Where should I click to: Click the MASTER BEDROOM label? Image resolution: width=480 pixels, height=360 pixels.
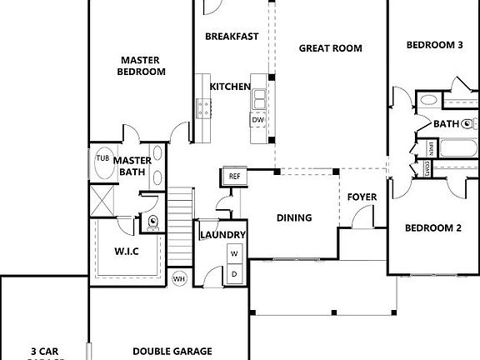click(x=141, y=66)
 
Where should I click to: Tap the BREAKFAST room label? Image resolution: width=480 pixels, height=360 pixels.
click(x=232, y=37)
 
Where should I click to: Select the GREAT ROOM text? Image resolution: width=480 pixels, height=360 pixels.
click(x=331, y=48)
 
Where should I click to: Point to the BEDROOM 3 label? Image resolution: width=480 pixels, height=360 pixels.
click(x=434, y=45)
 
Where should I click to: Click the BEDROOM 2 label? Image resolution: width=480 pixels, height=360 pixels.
click(x=433, y=227)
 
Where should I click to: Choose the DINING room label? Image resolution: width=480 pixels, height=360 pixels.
click(x=294, y=218)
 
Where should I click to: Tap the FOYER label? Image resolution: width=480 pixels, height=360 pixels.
click(x=362, y=197)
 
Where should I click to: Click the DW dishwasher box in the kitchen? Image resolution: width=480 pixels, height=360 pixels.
click(x=258, y=120)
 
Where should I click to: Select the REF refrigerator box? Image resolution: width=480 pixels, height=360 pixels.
click(x=234, y=177)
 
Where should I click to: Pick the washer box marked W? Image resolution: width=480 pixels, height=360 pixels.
click(x=234, y=253)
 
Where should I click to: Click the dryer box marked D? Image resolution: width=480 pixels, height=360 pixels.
click(x=234, y=272)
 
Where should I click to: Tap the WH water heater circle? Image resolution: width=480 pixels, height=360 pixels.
click(x=179, y=278)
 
